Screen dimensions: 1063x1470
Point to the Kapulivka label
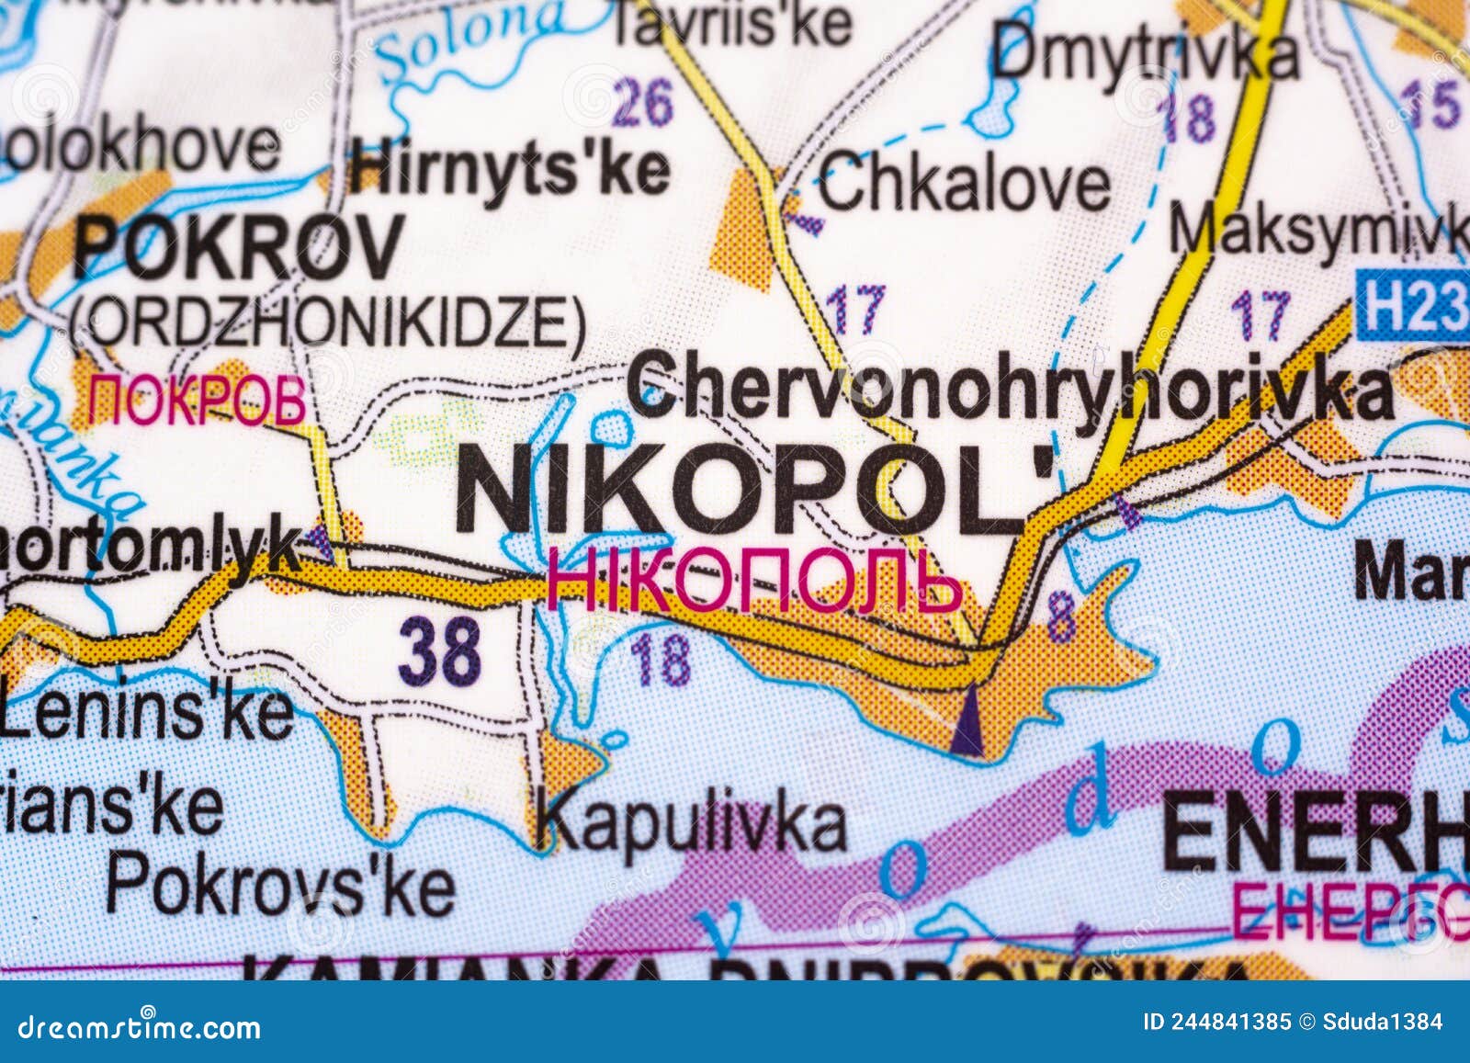coord(694,822)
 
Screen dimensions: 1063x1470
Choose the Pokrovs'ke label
coord(280,883)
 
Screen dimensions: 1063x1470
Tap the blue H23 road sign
coord(1413,302)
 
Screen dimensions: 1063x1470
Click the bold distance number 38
coord(440,650)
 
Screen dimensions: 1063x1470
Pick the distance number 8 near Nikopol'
coord(1061,616)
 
